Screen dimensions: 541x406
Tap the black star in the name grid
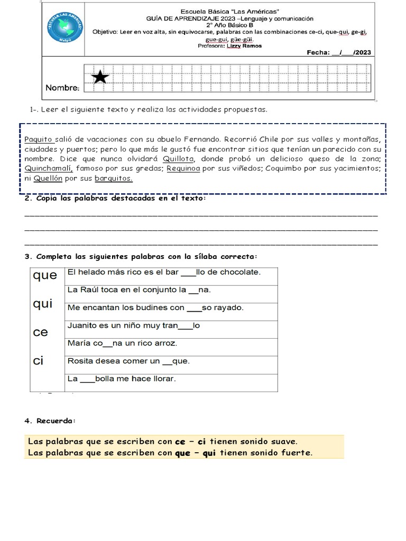[x=100, y=77]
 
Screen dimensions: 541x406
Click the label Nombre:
[x=62, y=87]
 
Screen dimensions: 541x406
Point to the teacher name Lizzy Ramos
[x=244, y=45]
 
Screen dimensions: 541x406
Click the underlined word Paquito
[x=39, y=139]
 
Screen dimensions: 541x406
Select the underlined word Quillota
[x=179, y=158]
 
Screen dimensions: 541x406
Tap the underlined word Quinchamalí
[x=50, y=168]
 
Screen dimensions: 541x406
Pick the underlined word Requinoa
[x=185, y=168]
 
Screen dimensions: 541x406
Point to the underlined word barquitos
[x=113, y=178]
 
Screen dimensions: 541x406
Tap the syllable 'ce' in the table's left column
[x=40, y=332]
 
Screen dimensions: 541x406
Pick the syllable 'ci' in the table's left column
[x=38, y=361]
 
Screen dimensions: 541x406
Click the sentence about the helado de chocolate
[x=164, y=272]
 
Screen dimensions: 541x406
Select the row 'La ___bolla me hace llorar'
[x=122, y=379]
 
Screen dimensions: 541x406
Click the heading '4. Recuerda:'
[x=50, y=421]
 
